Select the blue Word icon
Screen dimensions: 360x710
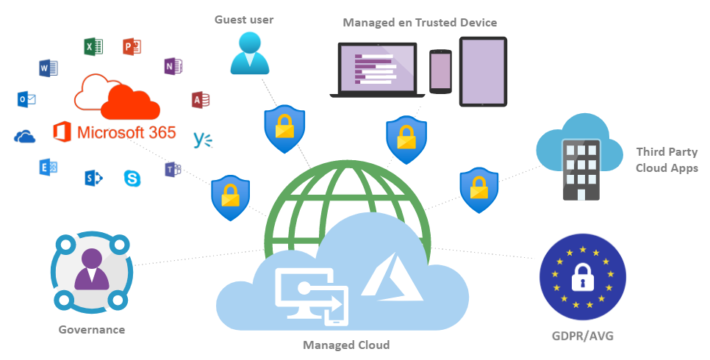tap(48, 69)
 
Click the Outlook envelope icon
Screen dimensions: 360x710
tap(26, 99)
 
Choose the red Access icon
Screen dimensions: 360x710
tap(200, 100)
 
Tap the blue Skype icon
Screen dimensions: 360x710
tap(133, 178)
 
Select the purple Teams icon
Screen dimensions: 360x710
tap(173, 170)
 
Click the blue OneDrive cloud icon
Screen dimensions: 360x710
tap(25, 136)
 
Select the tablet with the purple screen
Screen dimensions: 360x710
tap(483, 71)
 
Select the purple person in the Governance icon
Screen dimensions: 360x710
tap(92, 269)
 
